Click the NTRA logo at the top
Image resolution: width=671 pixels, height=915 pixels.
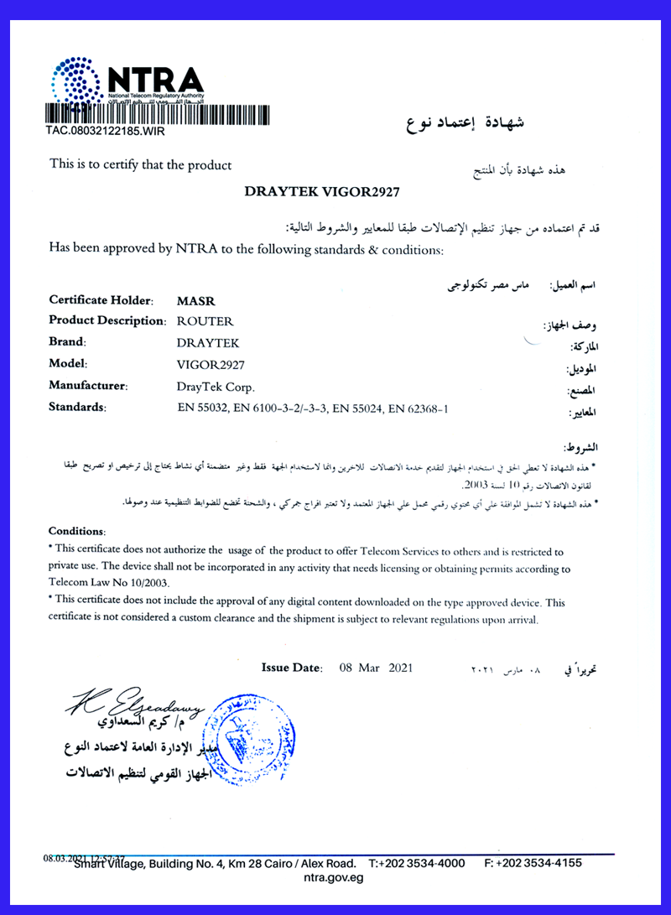pyautogui.click(x=126, y=84)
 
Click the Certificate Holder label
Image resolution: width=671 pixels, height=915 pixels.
pyautogui.click(x=101, y=299)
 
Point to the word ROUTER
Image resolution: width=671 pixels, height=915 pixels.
pyautogui.click(x=205, y=321)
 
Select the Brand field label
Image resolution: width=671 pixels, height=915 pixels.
pyautogui.click(x=68, y=342)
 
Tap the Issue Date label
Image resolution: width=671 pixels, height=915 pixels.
pyautogui.click(x=292, y=668)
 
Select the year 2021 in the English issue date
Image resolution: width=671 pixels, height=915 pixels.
pyautogui.click(x=399, y=668)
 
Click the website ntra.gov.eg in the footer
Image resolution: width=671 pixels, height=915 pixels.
pyautogui.click(x=333, y=878)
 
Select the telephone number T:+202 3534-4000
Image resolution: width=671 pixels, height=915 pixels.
pyautogui.click(x=416, y=863)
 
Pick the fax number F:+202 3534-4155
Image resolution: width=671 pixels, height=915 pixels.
pyautogui.click(x=533, y=863)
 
